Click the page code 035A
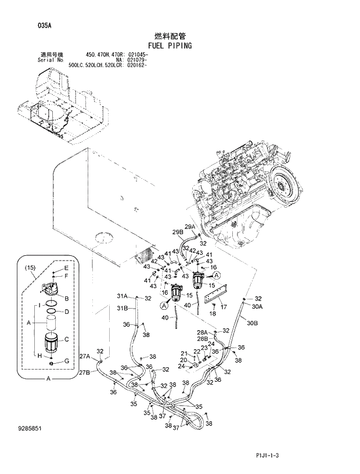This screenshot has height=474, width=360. tap(28, 25)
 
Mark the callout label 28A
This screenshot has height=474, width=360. tap(202, 332)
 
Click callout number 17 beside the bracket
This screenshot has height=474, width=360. tap(223, 306)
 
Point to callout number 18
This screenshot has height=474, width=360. tap(212, 314)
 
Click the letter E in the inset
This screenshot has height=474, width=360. tap(66, 268)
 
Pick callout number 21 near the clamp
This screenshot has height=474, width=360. tap(183, 353)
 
